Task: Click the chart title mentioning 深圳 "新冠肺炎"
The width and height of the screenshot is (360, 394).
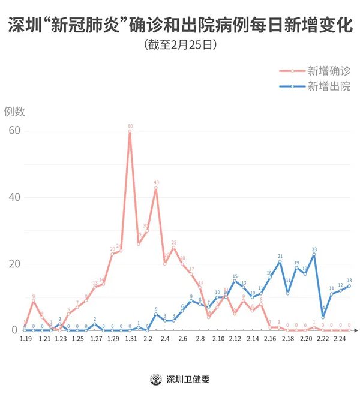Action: (x=180, y=25)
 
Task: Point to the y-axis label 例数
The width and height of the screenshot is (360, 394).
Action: (x=14, y=111)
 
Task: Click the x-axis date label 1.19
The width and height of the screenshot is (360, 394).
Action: (x=25, y=339)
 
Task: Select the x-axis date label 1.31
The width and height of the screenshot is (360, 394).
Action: (x=130, y=339)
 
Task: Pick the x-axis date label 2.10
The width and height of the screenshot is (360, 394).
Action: (x=217, y=339)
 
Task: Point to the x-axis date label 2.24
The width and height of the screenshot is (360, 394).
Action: (x=340, y=339)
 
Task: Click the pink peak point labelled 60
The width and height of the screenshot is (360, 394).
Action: (x=130, y=131)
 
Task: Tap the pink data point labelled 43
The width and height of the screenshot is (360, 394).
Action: (x=156, y=188)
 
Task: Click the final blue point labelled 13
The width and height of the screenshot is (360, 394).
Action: (x=349, y=286)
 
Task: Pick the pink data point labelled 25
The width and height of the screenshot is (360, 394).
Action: (x=173, y=248)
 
